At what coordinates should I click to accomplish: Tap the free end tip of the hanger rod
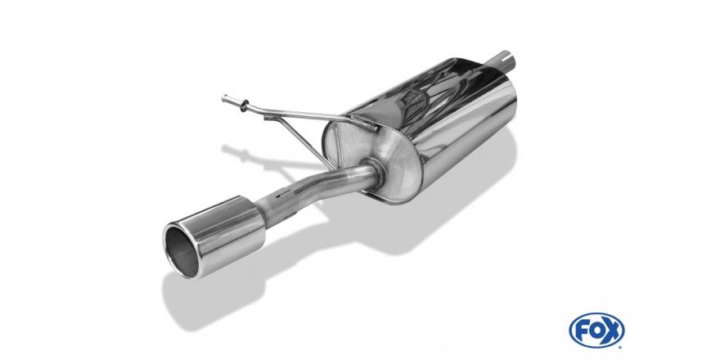224,98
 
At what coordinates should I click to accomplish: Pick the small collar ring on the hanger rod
243,106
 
